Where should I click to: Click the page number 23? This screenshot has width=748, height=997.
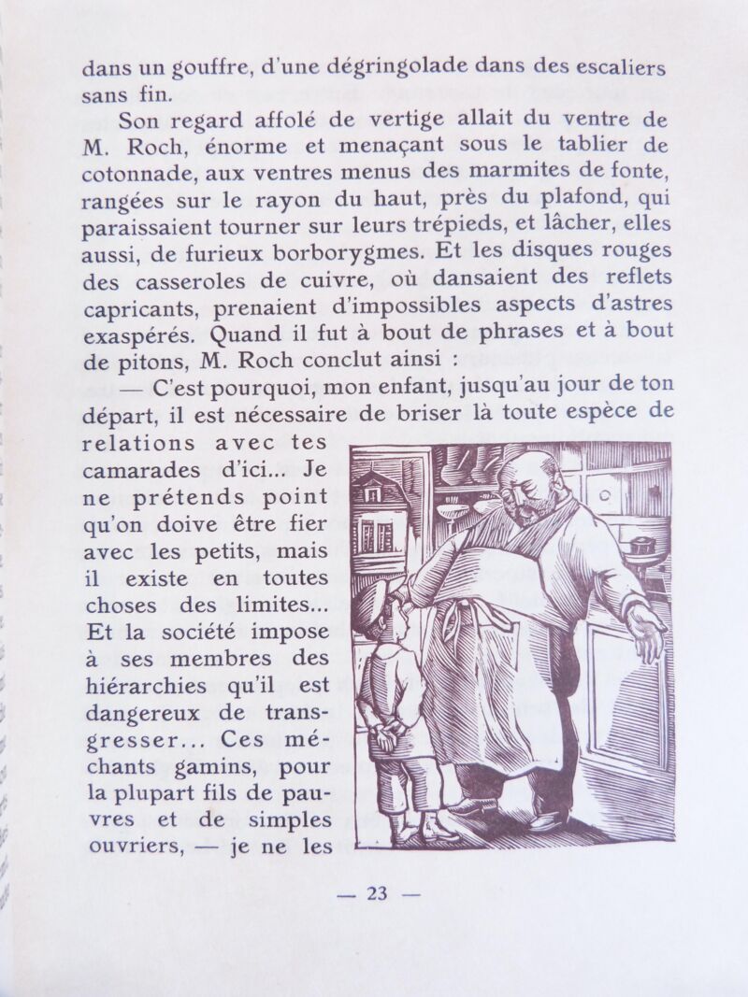pyautogui.click(x=377, y=893)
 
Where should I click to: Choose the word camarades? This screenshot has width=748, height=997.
pyautogui.click(x=140, y=470)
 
